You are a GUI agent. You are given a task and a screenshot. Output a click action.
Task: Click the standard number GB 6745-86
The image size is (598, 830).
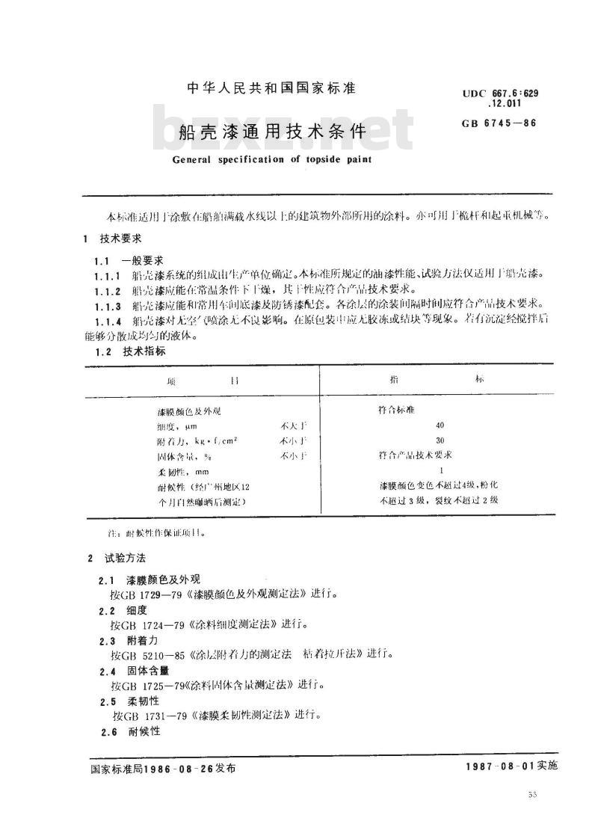coord(500,123)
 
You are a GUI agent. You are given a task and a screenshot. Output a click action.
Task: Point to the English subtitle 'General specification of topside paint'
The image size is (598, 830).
coord(272,159)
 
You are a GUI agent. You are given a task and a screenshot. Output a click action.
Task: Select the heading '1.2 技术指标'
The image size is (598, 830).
coord(130,351)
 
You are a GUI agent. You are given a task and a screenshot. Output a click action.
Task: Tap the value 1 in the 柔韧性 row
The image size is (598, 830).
coord(442,470)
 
